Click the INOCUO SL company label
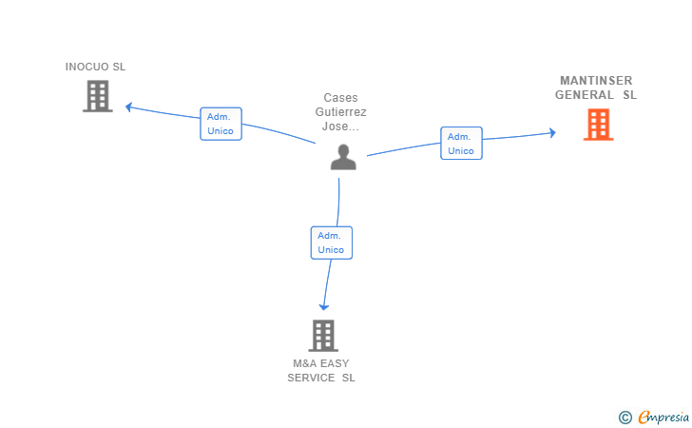(x=95, y=67)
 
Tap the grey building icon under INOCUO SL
(x=98, y=96)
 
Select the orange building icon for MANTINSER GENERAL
(x=599, y=125)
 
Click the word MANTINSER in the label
(x=596, y=81)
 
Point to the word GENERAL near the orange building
(x=585, y=95)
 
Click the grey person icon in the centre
(x=343, y=157)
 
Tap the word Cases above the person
(x=340, y=98)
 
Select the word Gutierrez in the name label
(x=340, y=111)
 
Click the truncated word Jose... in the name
(x=340, y=126)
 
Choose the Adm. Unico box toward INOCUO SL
(x=221, y=124)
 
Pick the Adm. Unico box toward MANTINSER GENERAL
(x=461, y=143)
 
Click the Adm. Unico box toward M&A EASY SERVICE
(x=332, y=243)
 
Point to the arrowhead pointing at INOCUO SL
(x=129, y=107)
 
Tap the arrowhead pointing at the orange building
(x=552, y=132)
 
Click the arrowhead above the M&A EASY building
(x=324, y=306)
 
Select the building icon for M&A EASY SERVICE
(x=323, y=335)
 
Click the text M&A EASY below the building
(x=321, y=363)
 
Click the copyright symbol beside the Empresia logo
(x=625, y=418)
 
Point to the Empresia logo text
(x=663, y=417)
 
